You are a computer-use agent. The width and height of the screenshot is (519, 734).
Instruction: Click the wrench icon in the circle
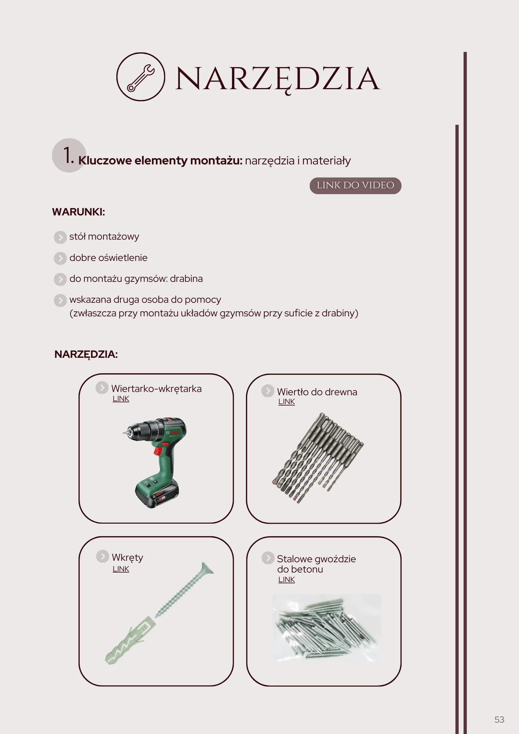[141, 77]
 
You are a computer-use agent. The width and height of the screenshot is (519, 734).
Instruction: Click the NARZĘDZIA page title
[277, 79]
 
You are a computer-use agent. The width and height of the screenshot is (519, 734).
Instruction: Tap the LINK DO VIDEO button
[355, 185]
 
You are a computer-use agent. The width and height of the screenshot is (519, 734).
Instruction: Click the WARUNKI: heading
[79, 212]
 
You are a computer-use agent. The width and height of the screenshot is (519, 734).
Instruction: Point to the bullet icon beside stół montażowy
[60, 237]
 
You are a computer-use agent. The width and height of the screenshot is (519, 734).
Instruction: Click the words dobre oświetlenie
[108, 258]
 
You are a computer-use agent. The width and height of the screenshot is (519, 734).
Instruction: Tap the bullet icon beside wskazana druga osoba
[60, 300]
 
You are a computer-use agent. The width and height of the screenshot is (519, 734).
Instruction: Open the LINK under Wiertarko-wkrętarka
[121, 399]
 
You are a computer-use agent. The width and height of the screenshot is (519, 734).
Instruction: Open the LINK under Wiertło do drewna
[286, 401]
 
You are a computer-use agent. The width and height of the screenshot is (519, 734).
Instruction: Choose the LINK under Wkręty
[121, 569]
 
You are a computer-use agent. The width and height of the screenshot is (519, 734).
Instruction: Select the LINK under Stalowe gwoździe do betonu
[286, 579]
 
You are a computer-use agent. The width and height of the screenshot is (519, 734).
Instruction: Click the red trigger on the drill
[158, 450]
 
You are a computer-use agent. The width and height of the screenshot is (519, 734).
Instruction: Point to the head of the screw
[206, 569]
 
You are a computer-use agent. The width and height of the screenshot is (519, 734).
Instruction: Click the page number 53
[499, 719]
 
